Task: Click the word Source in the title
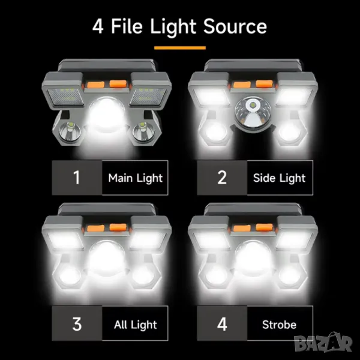click(x=235, y=26)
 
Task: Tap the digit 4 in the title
click(x=98, y=26)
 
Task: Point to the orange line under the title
click(x=180, y=48)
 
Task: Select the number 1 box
click(x=77, y=178)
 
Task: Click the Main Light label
click(x=135, y=178)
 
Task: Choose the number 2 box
click(x=222, y=178)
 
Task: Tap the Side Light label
click(x=280, y=178)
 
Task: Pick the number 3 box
click(x=77, y=323)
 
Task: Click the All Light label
click(x=136, y=325)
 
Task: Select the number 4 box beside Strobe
click(x=222, y=323)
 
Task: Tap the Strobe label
click(x=279, y=325)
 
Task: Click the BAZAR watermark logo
click(x=323, y=343)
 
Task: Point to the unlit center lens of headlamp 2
click(x=252, y=113)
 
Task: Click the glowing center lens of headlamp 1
click(x=107, y=115)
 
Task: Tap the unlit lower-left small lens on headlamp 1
click(x=70, y=133)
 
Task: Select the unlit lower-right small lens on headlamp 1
click(x=143, y=133)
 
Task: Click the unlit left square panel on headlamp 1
click(x=65, y=97)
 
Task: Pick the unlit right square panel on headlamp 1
click(x=148, y=97)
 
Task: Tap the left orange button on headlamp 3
click(x=96, y=228)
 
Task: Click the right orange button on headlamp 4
click(x=264, y=227)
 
